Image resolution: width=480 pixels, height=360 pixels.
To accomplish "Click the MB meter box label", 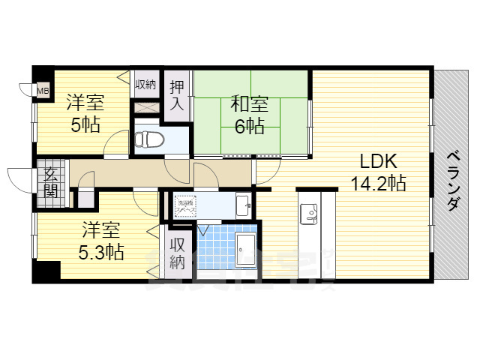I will pos(43,91).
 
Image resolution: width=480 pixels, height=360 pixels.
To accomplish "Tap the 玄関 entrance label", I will pos(50,182).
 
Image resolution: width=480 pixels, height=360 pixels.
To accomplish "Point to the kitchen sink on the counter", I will pos(309,214).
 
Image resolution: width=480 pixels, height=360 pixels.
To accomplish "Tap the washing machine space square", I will pos(184,204).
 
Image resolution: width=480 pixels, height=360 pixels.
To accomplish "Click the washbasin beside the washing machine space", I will pos(241,203).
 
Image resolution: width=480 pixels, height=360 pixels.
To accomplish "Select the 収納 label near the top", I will pos(145,84).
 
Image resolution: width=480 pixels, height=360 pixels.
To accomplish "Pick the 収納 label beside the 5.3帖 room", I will pos(178,253).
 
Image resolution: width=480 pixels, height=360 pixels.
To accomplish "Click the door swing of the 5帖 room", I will pos(116,143).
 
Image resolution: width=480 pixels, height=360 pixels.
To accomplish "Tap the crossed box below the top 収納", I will pos(145,106).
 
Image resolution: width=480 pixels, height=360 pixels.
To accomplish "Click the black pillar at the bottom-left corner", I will pos(49,271).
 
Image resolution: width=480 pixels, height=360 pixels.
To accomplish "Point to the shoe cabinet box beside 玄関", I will pos(85,199).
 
